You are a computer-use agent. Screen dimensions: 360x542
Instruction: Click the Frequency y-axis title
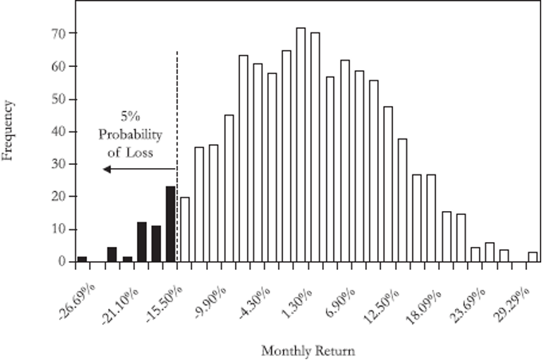[9, 130]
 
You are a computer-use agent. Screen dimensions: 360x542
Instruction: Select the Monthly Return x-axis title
[297, 350]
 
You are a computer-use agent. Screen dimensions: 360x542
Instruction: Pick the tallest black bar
[171, 224]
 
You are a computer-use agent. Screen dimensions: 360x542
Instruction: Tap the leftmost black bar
[82, 259]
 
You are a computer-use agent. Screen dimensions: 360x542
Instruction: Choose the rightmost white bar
[532, 256]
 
